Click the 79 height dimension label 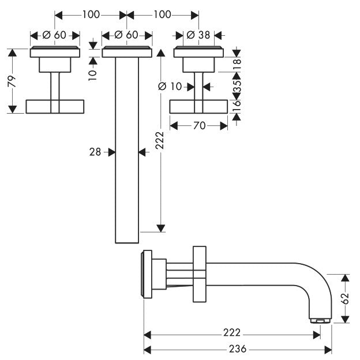[12, 81]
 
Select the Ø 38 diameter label [198, 35]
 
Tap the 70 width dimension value [199, 126]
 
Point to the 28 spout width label [95, 152]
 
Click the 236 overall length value [238, 349]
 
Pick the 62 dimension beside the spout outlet [345, 298]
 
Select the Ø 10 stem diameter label [170, 87]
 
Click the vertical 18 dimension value [237, 64]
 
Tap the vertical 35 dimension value [237, 86]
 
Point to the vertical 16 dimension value [237, 106]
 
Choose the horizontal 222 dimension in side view [232, 332]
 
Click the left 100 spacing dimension [91, 14]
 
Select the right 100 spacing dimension [162, 14]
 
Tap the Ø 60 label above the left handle [54, 35]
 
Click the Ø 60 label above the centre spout [126, 35]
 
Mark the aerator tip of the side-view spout [320, 321]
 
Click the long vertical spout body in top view [127, 150]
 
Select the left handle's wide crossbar [55, 107]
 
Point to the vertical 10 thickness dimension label [93, 74]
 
